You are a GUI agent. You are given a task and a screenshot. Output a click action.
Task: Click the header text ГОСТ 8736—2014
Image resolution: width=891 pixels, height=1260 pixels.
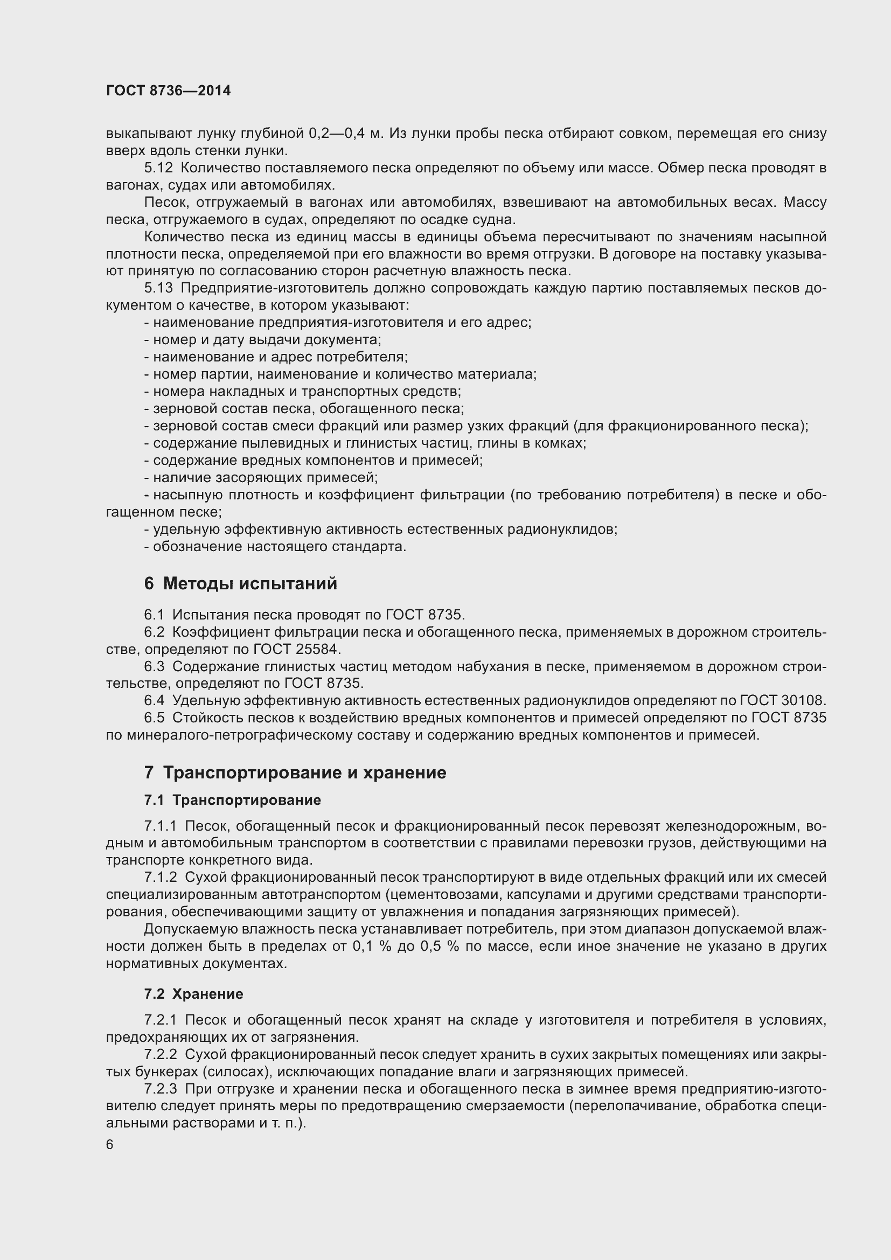[x=169, y=91]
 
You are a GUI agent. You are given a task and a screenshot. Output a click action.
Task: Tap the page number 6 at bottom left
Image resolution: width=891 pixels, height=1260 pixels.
[x=110, y=1144]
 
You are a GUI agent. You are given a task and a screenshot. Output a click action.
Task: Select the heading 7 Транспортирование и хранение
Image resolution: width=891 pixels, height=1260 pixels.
[x=295, y=772]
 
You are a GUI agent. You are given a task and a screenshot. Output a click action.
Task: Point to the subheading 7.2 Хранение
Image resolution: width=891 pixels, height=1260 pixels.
[x=194, y=994]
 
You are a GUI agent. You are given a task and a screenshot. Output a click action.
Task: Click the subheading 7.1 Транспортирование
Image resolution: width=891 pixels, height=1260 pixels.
[x=233, y=800]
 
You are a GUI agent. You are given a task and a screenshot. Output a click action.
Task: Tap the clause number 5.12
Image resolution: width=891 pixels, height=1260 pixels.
[x=158, y=168]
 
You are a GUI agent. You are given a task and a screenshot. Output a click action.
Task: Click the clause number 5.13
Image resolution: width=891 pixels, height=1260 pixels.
[x=158, y=288]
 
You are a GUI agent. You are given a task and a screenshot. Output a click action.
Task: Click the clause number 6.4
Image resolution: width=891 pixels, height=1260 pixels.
[x=154, y=701]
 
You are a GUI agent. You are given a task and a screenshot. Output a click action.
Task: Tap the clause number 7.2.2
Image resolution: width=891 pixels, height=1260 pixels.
[x=160, y=1054]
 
